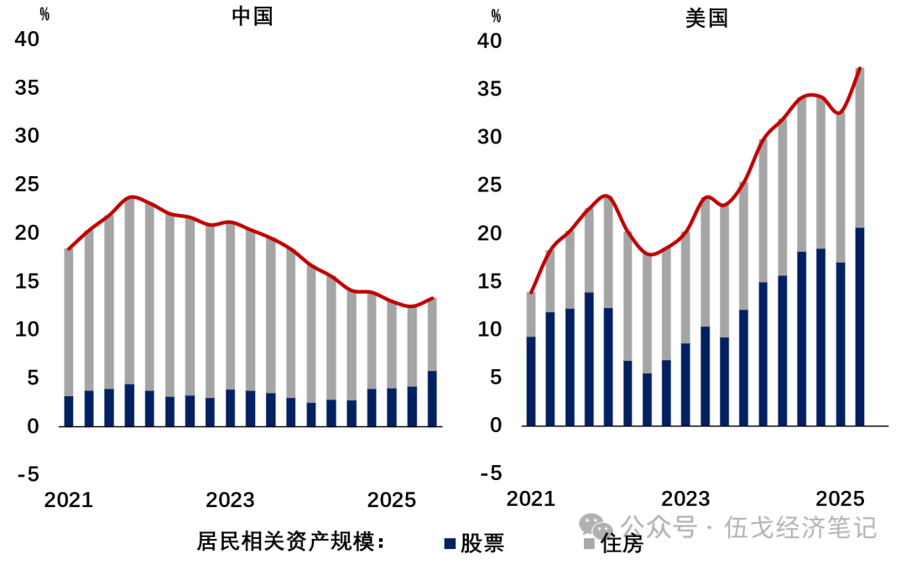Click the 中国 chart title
pos(253,16)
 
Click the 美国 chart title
pos(706,18)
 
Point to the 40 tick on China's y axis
pos(28,39)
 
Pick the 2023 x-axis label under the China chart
pos(230,500)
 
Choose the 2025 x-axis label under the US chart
pos(841,498)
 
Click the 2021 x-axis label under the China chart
pos(68,500)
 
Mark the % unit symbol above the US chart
pos(496,15)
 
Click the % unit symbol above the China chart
pos(44,15)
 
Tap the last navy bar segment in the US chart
pos(859,327)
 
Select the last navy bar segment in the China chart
pos(432,399)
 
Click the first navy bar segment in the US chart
pos(531,381)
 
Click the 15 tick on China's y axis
pos(28,281)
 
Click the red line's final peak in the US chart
pos(860,69)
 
